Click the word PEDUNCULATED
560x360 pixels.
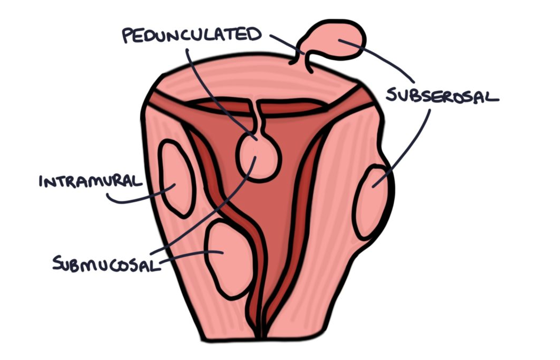[x=192, y=35]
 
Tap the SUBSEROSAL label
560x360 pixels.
[x=442, y=96]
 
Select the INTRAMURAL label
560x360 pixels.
[x=91, y=182]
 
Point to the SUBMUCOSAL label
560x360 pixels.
[x=106, y=262]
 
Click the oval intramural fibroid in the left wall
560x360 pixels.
[x=176, y=178]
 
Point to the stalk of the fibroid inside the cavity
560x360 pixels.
[x=257, y=117]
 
